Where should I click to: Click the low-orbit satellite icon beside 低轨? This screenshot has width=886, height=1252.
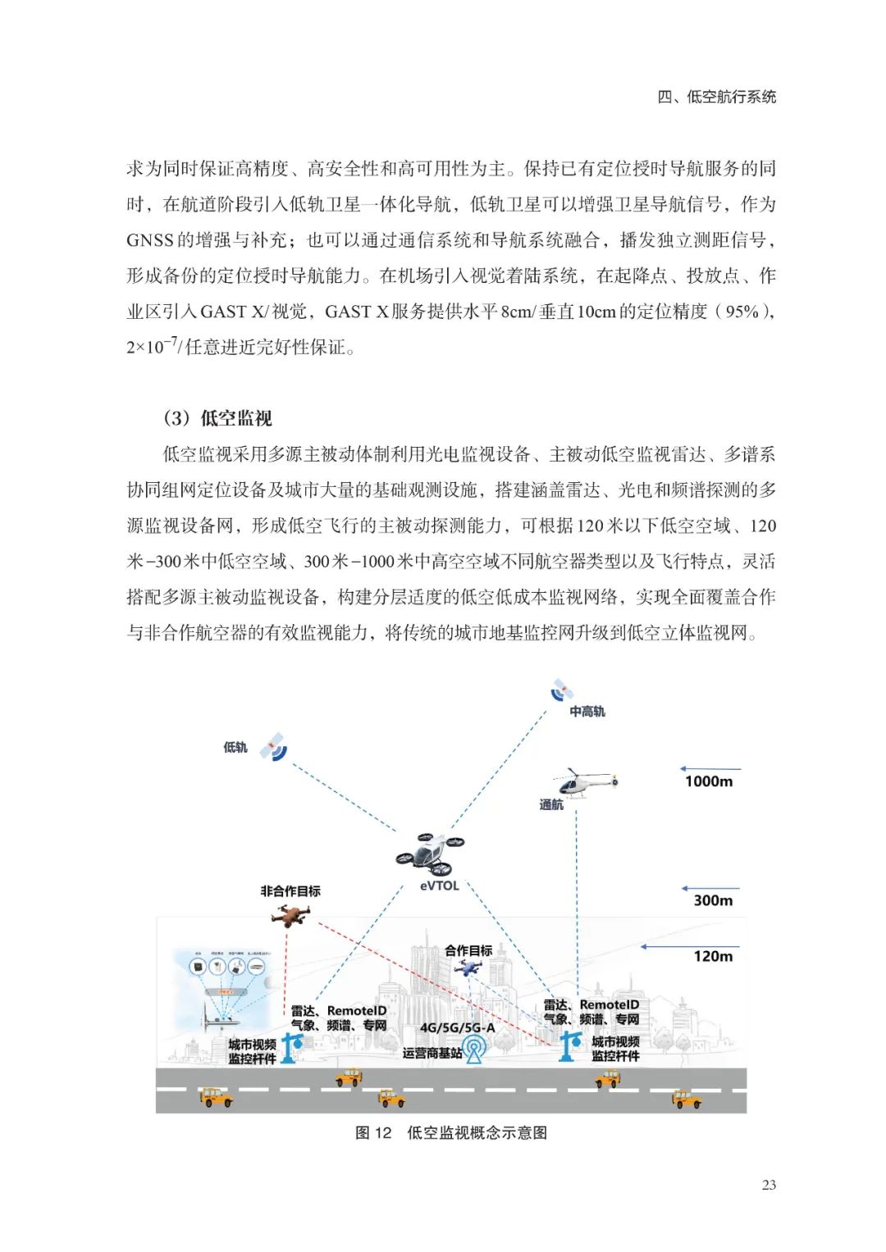pyautogui.click(x=273, y=747)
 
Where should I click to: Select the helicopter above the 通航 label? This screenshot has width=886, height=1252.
pyautogui.click(x=586, y=783)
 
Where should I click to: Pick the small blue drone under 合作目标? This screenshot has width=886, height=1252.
pyautogui.click(x=469, y=967)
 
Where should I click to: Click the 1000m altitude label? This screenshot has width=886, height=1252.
pyautogui.click(x=709, y=781)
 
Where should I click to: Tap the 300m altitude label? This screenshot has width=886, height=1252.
pyautogui.click(x=713, y=900)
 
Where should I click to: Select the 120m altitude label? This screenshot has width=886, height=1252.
pyautogui.click(x=713, y=956)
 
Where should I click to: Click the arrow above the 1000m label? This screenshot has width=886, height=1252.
pyautogui.click(x=710, y=769)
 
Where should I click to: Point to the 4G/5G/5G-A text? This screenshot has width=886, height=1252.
pyautogui.click(x=458, y=1027)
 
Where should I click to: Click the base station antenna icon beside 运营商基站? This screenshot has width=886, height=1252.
pyautogui.click(x=474, y=1049)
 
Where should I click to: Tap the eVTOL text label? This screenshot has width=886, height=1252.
pyautogui.click(x=440, y=886)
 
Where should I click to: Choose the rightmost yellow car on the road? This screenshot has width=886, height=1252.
pyautogui.click(x=687, y=1099)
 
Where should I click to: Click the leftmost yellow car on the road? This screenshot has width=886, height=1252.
pyautogui.click(x=217, y=1097)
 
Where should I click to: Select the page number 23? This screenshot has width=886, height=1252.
pyautogui.click(x=769, y=1185)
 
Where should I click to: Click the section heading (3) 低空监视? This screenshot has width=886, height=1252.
pyautogui.click(x=217, y=418)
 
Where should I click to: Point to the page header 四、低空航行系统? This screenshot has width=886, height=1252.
pyautogui.click(x=716, y=97)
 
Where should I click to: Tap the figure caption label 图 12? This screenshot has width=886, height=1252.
pyautogui.click(x=373, y=1133)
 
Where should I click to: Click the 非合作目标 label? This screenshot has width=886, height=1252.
pyautogui.click(x=290, y=891)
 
